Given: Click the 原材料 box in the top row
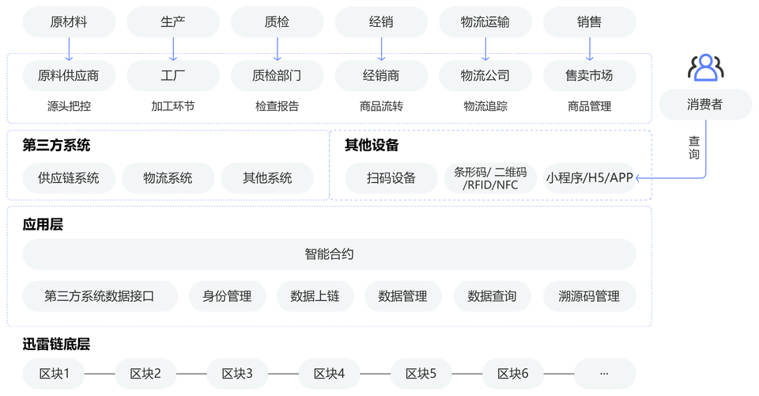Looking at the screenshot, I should [x=68, y=22].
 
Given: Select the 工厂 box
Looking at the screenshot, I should [x=172, y=76].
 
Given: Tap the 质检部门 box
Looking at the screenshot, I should [x=277, y=76].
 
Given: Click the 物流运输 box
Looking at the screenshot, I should [x=485, y=22].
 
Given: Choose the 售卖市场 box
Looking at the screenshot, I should [x=590, y=76].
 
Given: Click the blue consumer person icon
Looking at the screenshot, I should [x=704, y=67].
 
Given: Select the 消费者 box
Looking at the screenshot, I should [x=705, y=105].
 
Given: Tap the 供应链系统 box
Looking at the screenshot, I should [x=68, y=178].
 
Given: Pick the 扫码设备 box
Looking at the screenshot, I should [x=391, y=178].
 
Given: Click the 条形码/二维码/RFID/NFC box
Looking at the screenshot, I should [x=489, y=178].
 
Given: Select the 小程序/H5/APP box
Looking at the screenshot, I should [x=590, y=178].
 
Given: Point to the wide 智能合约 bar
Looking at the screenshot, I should [x=329, y=254].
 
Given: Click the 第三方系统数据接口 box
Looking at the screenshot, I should [x=100, y=296].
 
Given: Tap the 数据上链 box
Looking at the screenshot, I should [x=315, y=296].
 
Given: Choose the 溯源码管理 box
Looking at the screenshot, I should [x=590, y=296].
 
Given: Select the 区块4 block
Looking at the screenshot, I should [x=329, y=373].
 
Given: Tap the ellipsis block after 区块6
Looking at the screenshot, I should [x=604, y=373].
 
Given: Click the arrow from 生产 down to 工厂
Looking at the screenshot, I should [x=173, y=48].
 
